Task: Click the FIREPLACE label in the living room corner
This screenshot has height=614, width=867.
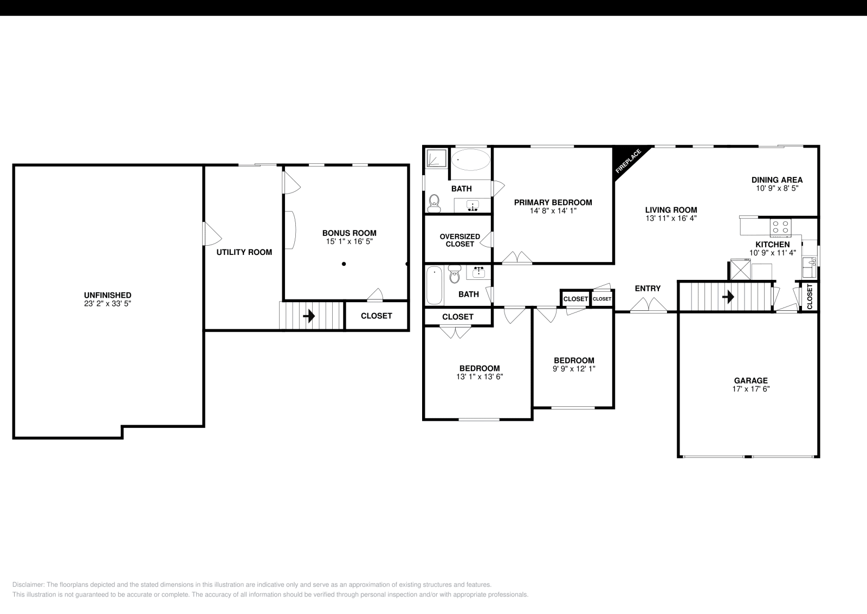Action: [628, 161]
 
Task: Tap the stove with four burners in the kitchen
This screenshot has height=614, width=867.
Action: [780, 227]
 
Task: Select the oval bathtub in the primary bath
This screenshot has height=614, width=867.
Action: [471, 159]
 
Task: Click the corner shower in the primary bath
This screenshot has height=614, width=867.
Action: [437, 159]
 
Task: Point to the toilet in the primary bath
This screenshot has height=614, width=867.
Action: [434, 203]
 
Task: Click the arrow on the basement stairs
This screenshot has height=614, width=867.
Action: [309, 316]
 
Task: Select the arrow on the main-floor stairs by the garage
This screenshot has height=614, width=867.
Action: [728, 297]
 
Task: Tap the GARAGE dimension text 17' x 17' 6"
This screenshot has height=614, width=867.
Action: [751, 389]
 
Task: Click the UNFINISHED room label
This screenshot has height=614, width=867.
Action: [108, 295]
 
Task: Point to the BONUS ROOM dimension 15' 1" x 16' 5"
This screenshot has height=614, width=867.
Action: [349, 241]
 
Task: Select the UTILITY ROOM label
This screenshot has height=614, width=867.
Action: [244, 252]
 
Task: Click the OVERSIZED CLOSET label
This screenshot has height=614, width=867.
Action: [460, 240]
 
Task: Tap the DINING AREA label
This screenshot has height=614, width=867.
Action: [777, 180]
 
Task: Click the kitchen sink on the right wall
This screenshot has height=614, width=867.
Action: [809, 267]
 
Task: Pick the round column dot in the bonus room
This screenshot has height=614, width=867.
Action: [344, 264]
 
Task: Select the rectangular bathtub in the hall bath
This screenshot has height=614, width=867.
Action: [434, 285]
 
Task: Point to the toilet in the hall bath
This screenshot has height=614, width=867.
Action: [455, 274]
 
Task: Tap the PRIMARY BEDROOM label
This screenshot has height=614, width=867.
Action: [553, 202]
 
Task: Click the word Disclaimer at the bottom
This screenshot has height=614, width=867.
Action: [28, 585]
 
